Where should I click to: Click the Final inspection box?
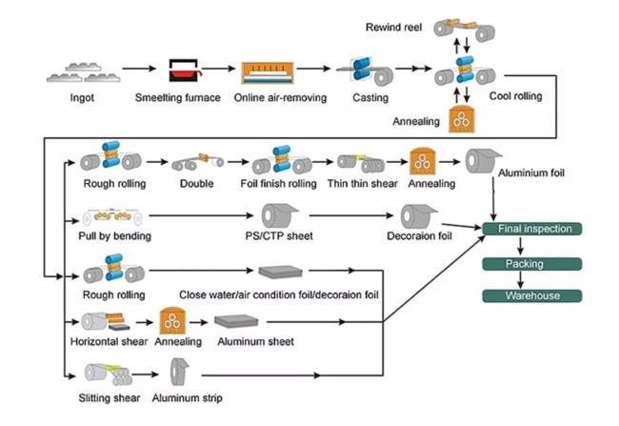(x=532, y=229)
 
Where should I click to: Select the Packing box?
(x=532, y=264)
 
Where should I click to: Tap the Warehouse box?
(x=532, y=296)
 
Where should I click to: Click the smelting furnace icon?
(x=185, y=71)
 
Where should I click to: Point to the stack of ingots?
(x=83, y=72)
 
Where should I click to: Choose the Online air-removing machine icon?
(x=268, y=72)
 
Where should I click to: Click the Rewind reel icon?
(x=465, y=29)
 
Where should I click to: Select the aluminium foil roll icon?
(x=483, y=161)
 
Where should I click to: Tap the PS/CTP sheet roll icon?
(x=279, y=215)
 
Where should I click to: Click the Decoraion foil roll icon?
(x=418, y=216)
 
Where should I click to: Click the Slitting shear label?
(x=110, y=398)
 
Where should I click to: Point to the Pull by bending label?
(x=115, y=236)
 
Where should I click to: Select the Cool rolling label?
(x=515, y=96)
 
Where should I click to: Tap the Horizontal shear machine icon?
(x=106, y=322)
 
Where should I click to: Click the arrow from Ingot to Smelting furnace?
(x=139, y=69)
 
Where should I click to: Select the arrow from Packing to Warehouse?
(x=520, y=280)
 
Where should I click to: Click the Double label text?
(x=196, y=184)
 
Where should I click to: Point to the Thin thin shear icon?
(x=361, y=163)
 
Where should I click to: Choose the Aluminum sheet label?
(x=255, y=342)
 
